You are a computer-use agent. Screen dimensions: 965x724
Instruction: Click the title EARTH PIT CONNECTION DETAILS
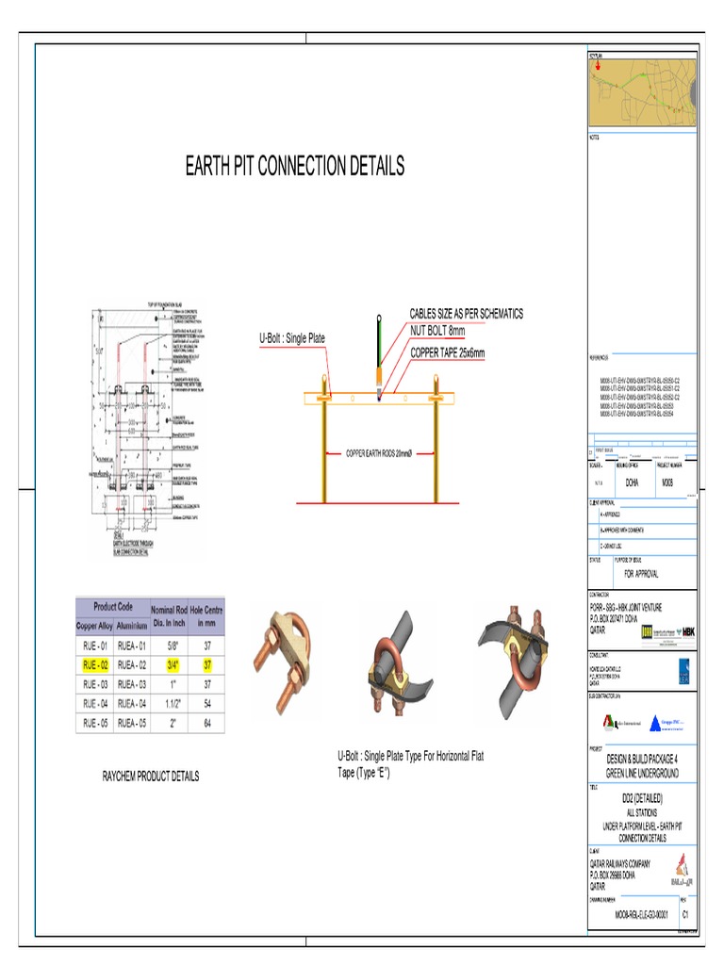point(295,167)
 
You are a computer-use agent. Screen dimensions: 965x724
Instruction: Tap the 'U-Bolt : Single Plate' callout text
point(292,338)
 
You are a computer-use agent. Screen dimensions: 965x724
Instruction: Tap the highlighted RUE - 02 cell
point(94,665)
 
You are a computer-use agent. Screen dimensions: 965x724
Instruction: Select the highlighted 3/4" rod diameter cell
point(172,665)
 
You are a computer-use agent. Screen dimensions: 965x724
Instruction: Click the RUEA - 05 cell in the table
point(132,723)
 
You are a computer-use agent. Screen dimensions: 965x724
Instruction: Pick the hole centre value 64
point(206,723)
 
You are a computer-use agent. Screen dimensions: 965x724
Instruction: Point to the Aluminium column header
point(132,626)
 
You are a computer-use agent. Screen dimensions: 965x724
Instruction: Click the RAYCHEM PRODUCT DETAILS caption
point(151,777)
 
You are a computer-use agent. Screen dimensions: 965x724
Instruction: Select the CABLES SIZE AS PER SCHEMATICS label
point(466,314)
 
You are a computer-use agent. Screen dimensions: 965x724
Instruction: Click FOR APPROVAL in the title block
point(641,574)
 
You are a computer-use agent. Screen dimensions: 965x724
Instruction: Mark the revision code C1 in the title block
point(685,914)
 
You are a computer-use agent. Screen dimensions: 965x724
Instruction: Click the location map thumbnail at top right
point(641,91)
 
